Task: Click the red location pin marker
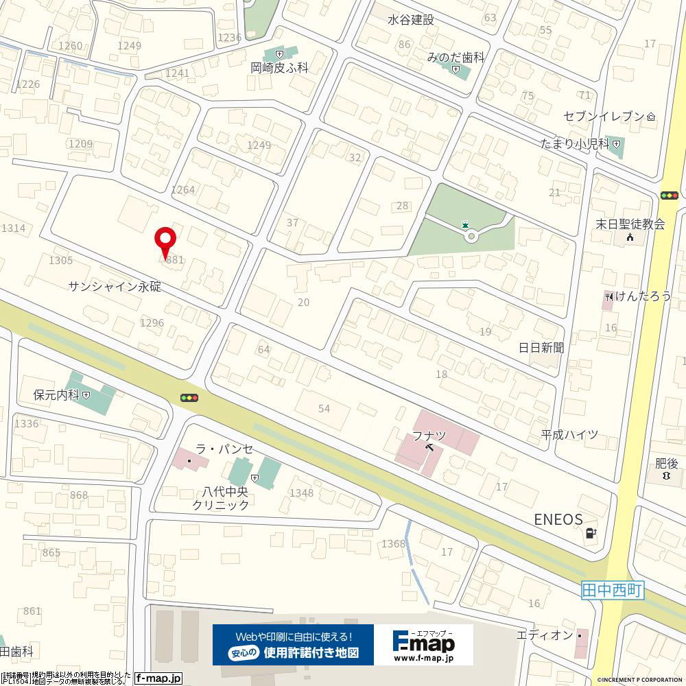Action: click(165, 241)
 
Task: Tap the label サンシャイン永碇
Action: click(115, 287)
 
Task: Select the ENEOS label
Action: click(558, 520)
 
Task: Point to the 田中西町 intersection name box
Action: click(612, 589)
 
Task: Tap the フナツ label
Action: click(429, 436)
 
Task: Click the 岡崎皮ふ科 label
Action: click(279, 68)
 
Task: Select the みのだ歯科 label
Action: click(456, 58)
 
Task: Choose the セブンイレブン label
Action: click(604, 116)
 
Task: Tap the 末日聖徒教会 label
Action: click(630, 224)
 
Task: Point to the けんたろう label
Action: click(642, 296)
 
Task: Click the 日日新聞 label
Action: click(541, 348)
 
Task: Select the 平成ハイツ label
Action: click(569, 435)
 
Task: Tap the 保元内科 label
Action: click(58, 395)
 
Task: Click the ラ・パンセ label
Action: click(224, 449)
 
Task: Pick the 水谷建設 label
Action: click(411, 20)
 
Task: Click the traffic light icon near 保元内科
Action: click(189, 397)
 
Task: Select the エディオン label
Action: click(544, 635)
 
